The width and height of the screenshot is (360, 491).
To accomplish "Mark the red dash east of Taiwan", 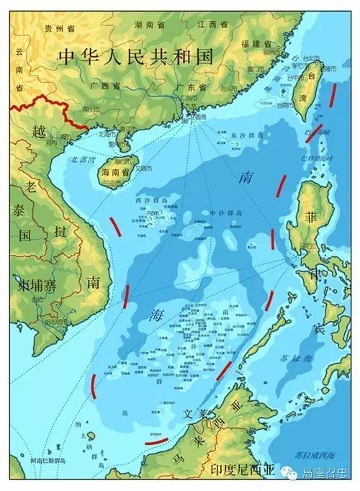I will tap(332, 96).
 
